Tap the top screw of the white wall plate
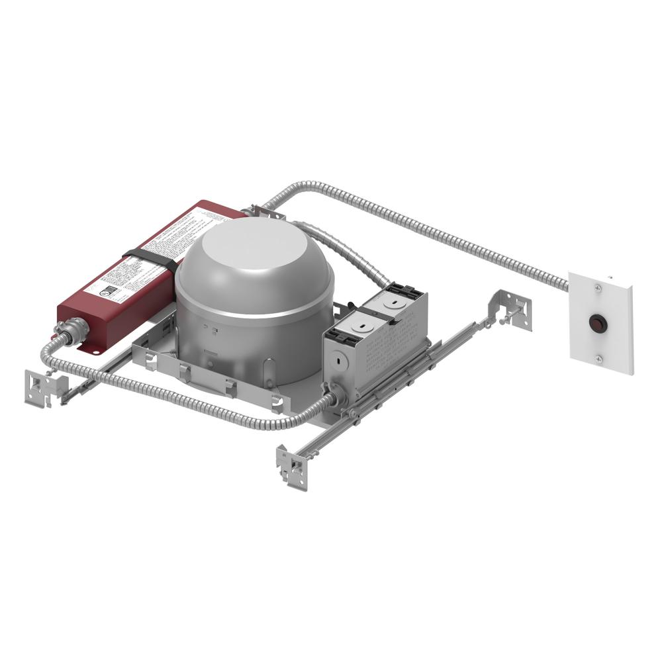[x=598, y=287]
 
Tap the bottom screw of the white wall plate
[x=598, y=359]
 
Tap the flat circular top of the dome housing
[x=259, y=248]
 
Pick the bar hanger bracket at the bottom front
[x=292, y=466]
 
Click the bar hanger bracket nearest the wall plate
[x=514, y=308]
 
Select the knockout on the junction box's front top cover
[x=361, y=325]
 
